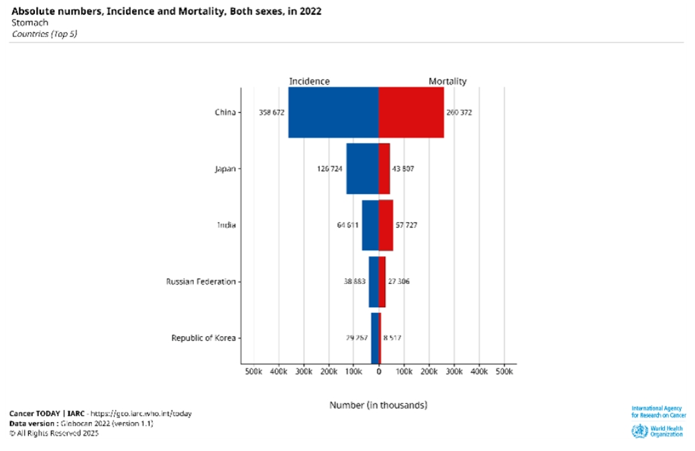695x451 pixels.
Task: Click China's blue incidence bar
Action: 333,112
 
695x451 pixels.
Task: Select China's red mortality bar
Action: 411,112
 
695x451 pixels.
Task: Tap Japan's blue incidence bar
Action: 362,168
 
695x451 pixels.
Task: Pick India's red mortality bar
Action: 386,225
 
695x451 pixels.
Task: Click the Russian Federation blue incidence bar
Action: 374,281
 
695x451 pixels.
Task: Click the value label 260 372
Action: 459,113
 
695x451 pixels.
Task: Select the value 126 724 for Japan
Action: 330,169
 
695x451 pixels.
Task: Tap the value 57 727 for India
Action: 407,225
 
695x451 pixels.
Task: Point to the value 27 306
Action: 398,282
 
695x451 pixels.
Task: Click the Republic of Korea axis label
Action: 203,338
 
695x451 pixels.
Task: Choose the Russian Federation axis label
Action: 201,282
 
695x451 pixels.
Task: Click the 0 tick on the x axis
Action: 379,371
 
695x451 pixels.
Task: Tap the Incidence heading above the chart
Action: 309,81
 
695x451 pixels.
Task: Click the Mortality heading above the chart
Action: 447,81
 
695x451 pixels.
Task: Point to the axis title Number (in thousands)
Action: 378,405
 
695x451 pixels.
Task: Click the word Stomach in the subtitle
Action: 30,23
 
